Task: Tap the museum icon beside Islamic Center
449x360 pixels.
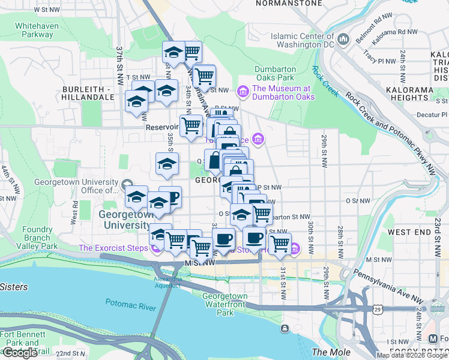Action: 344,40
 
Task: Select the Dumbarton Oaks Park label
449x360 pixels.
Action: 274,73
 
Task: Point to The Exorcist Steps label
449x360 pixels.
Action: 114,248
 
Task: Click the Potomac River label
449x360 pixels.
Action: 131,304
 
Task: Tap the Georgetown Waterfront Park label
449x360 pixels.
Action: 224,304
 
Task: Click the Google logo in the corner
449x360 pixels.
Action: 20,353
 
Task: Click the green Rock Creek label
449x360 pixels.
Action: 325,82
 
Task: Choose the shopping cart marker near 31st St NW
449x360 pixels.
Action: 280,243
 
